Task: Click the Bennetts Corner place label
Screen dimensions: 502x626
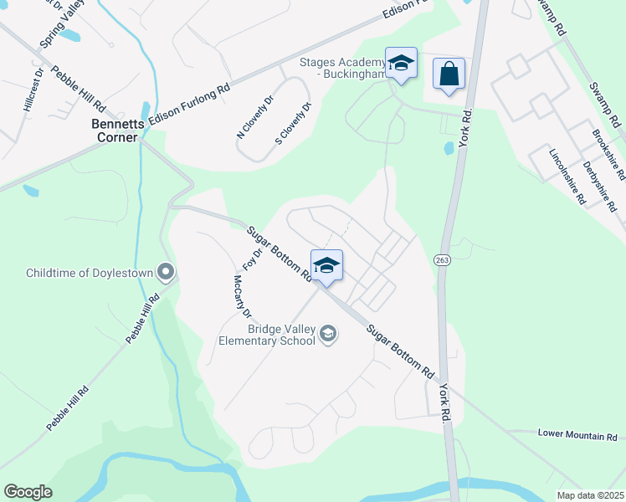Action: (x=114, y=131)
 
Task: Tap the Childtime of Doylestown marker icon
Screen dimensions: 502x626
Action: (x=166, y=272)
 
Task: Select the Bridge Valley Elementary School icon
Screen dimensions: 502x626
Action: (x=328, y=335)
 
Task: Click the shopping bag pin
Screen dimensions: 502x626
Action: (x=449, y=73)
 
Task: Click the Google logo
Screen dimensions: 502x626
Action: (x=28, y=492)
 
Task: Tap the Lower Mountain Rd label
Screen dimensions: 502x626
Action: (x=577, y=434)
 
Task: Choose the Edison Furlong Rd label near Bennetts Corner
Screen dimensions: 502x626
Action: (x=189, y=105)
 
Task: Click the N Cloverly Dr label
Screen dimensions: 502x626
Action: (x=256, y=116)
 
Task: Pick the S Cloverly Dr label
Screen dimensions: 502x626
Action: (x=293, y=123)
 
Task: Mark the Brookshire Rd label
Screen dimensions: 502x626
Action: (x=608, y=156)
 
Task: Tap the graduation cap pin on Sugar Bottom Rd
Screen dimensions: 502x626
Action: (x=326, y=266)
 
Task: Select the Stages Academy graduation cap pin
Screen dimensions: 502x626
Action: (x=401, y=64)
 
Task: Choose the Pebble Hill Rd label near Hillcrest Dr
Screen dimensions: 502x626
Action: (x=77, y=90)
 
